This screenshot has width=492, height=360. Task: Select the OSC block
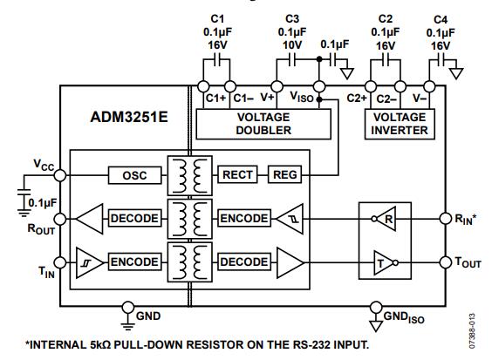[x=134, y=175]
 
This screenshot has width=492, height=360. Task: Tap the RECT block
[x=238, y=175]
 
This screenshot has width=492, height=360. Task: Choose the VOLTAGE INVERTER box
[x=400, y=124]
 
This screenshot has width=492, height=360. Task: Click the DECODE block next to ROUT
[x=134, y=217]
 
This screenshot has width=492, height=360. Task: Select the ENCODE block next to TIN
[x=134, y=261]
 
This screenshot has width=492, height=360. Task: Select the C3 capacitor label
[x=292, y=18]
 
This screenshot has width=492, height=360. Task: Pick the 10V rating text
[x=292, y=44]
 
